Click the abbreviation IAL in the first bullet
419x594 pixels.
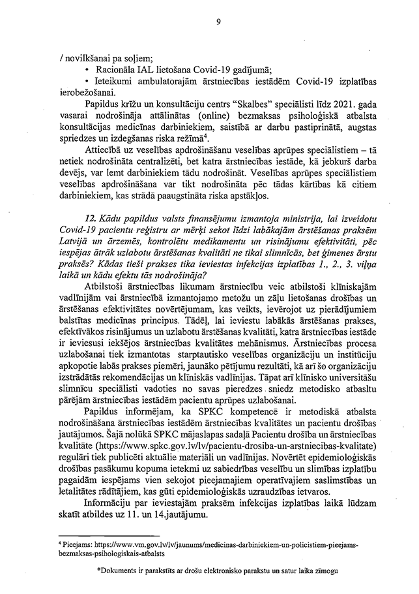click(142, 70)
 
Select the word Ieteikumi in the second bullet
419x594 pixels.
click(115, 82)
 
